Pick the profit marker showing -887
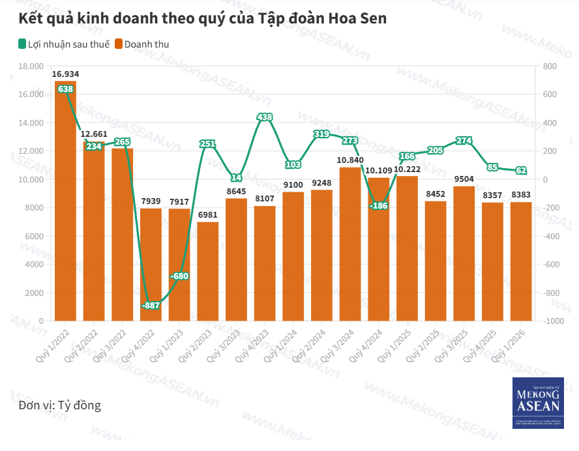coord(151,305)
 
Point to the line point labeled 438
coord(265,117)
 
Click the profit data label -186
coord(378,206)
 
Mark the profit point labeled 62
coord(520,171)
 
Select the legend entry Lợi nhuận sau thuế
coord(63,44)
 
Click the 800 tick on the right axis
coord(549,66)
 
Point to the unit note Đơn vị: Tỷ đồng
coord(60,405)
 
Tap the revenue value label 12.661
coord(94,135)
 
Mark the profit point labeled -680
coord(179,276)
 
